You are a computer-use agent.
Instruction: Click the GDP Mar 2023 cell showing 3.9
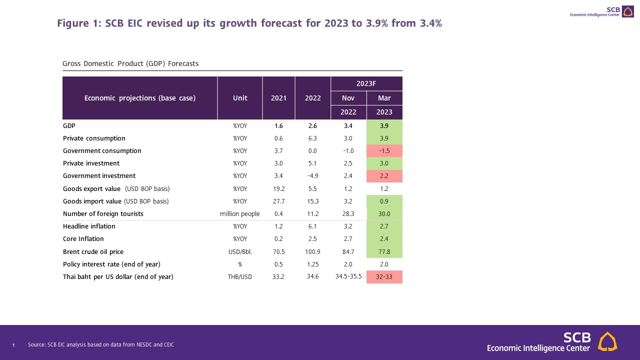pos(384,126)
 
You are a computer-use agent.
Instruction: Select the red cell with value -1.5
pos(384,151)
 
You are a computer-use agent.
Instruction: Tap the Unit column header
pos(240,98)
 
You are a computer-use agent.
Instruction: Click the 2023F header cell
pos(366,83)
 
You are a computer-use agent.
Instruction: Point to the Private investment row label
pos(91,163)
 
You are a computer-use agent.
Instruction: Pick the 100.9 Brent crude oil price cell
pos(312,251)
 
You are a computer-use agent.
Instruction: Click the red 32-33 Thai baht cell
pos(384,277)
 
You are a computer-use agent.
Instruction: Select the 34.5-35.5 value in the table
pos(348,277)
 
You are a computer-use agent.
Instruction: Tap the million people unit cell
pos(240,214)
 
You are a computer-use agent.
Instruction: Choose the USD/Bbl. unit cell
pos(240,251)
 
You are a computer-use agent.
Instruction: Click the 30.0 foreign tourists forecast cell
pos(384,214)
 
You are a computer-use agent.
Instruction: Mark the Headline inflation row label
pos(89,226)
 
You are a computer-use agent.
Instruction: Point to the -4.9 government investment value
pos(312,176)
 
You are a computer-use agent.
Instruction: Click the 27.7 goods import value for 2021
pos(278,201)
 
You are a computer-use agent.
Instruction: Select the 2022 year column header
pos(312,98)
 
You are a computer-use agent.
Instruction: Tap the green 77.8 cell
pos(384,251)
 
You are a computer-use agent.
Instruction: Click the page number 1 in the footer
pos(13,345)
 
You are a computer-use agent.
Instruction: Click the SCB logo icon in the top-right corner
pos(627,11)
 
